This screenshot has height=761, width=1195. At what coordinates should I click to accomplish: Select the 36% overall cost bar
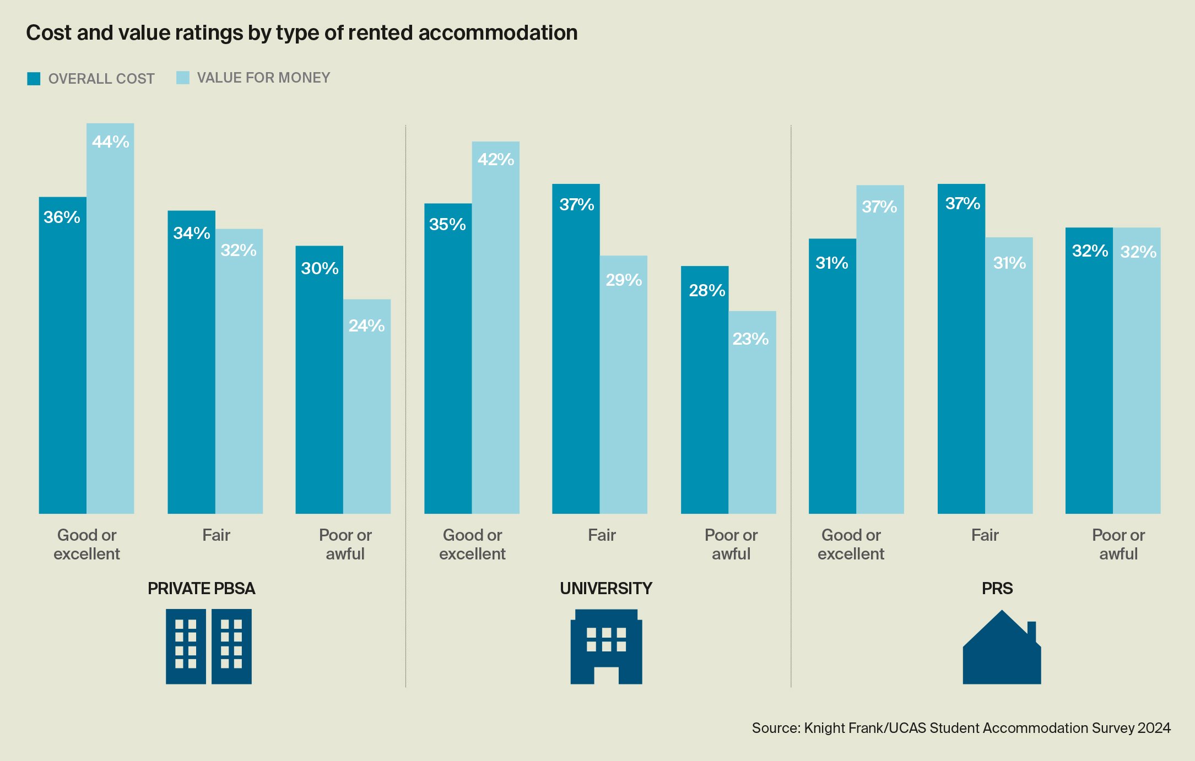(62, 355)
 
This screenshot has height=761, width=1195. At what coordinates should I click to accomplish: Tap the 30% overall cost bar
(319, 379)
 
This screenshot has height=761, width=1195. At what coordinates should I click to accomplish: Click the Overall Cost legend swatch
(34, 79)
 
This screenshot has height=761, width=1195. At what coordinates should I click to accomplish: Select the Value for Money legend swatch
(182, 78)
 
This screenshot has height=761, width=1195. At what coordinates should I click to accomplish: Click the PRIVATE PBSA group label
(201, 589)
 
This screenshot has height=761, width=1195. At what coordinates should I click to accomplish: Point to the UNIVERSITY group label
(605, 589)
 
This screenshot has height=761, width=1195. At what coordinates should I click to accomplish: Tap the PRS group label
(997, 589)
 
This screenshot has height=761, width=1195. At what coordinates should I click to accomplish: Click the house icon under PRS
(1001, 655)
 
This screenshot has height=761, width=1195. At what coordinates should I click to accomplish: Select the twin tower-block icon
(208, 646)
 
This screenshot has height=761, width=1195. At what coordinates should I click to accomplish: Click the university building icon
(606, 646)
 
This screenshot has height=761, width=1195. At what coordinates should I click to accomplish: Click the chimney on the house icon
(1031, 631)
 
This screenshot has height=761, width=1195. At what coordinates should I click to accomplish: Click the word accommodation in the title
(498, 33)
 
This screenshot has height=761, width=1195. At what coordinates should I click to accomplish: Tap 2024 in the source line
(1154, 728)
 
